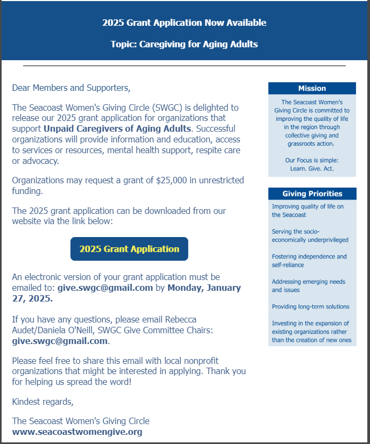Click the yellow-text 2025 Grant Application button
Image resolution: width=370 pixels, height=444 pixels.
pyautogui.click(x=129, y=249)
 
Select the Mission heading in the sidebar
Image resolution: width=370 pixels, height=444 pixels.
pyautogui.click(x=312, y=88)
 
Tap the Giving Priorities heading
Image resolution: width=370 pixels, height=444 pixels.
pyautogui.click(x=312, y=194)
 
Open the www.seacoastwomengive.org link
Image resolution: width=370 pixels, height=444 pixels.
pyautogui.click(x=77, y=432)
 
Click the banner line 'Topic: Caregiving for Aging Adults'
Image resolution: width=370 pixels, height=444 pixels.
pyautogui.click(x=184, y=44)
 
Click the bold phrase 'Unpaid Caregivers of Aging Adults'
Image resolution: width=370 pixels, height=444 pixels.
pyautogui.click(x=117, y=128)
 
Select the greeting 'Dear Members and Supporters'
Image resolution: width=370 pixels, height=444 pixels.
pyautogui.click(x=71, y=88)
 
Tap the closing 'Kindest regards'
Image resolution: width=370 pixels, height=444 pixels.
pyautogui.click(x=42, y=402)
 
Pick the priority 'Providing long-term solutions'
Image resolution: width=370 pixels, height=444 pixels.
pyautogui.click(x=310, y=306)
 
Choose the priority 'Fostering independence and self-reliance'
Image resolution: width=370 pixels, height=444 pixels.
pyautogui.click(x=309, y=261)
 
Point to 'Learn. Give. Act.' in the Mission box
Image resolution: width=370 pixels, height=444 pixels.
pyautogui.click(x=312, y=169)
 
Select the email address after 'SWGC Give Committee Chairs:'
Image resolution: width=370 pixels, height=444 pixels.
pyautogui.click(x=60, y=341)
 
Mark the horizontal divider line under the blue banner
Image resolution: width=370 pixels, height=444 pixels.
pyautogui.click(x=184, y=66)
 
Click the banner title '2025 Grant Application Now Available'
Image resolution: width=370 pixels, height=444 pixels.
pyautogui.click(x=184, y=23)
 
